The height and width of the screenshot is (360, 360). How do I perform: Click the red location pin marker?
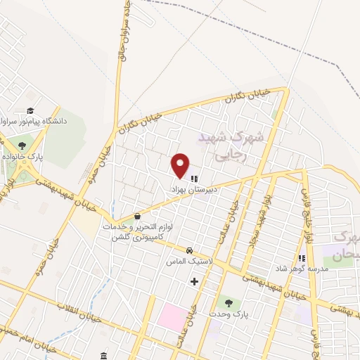pos(181,165)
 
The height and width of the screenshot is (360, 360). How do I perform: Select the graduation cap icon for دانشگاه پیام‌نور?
pos(30,110)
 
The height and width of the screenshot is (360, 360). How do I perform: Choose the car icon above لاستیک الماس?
pos(189,250)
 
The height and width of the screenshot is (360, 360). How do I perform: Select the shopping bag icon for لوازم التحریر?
pos(136,217)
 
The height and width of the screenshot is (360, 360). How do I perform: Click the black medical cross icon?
pos(194,282)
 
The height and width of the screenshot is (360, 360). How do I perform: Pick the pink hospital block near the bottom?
pos(172,316)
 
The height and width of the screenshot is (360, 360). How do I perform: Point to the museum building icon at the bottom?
pos(104,354)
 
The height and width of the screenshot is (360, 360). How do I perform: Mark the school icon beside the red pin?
pos(194,179)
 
